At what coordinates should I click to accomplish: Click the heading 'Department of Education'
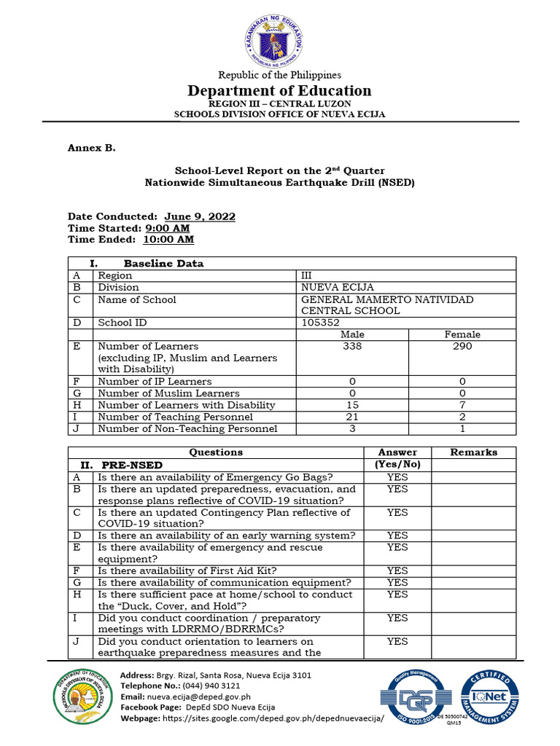[x=279, y=90]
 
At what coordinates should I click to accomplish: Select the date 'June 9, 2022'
[x=200, y=217]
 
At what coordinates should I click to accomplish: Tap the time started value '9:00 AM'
[x=173, y=228]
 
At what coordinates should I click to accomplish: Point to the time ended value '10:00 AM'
[x=168, y=239]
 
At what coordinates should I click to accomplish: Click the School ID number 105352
[x=320, y=322]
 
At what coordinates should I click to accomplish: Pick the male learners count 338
[x=352, y=346]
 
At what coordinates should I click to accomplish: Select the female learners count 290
[x=462, y=346]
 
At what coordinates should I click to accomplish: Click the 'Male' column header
[x=352, y=334]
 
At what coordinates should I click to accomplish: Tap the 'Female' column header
[x=462, y=334]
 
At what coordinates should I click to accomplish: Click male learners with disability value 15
[x=352, y=405]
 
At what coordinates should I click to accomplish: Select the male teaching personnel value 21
[x=352, y=417]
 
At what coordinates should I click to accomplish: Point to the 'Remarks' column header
[x=473, y=452]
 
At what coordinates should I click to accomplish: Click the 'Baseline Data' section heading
[x=163, y=264]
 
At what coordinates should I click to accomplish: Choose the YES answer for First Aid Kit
[x=397, y=571]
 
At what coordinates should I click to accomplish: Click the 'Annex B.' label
[x=92, y=148]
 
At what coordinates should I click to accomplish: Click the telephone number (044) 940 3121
[x=206, y=686]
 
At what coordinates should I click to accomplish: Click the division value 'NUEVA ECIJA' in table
[x=338, y=287]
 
